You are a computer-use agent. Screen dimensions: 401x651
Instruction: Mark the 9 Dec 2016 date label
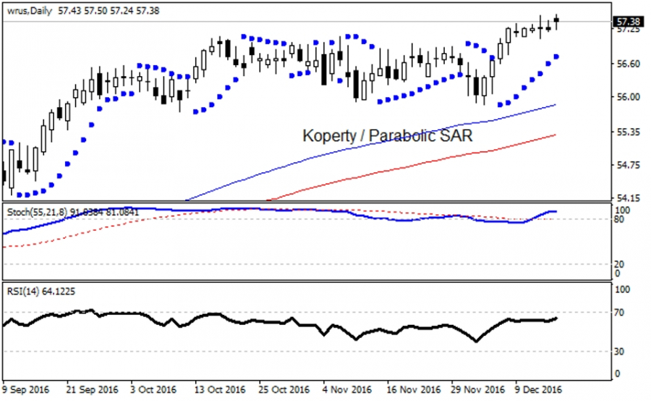coord(537,388)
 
